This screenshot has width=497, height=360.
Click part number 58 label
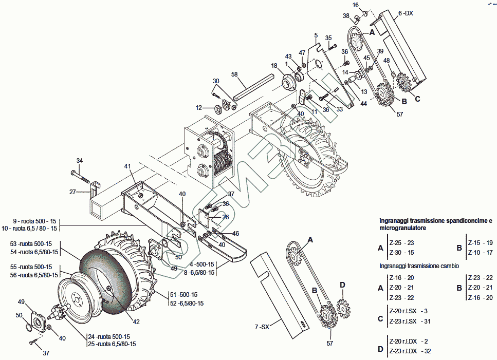tap(234, 74)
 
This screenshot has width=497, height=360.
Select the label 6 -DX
tap(406, 13)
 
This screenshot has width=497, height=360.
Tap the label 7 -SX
tap(262, 327)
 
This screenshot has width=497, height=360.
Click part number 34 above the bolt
tap(80, 160)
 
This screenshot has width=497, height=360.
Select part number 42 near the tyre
tap(136, 322)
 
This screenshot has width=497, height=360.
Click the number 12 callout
tap(199, 108)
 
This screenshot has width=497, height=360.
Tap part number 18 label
tap(274, 66)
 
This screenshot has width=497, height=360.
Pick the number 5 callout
tap(316, 35)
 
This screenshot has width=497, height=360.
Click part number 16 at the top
tap(355, 5)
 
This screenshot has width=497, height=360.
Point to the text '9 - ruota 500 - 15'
tap(35, 220)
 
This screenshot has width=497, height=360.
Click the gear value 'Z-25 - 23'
tap(401, 243)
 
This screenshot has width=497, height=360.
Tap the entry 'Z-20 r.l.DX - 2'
tap(409, 341)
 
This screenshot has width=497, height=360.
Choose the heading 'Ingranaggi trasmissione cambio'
tap(419, 266)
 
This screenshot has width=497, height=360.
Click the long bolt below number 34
tap(83, 178)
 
